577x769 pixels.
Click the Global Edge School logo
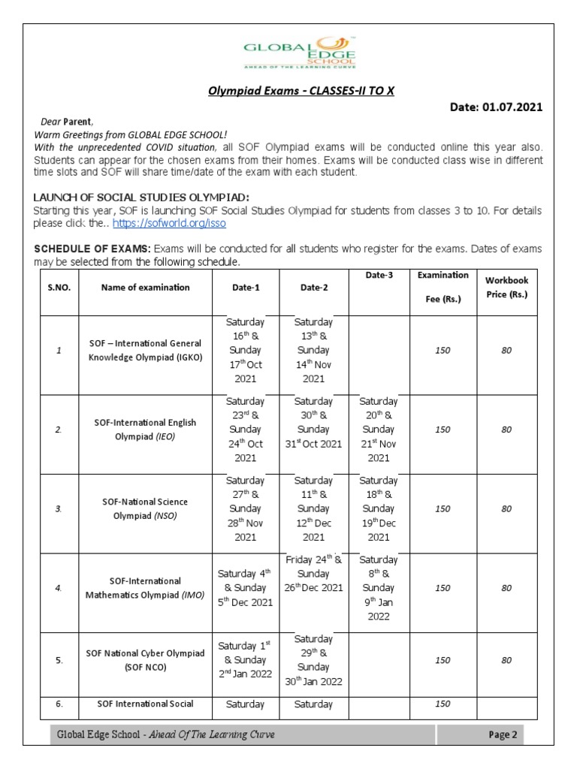click(x=300, y=55)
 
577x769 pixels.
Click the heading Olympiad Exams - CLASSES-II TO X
click(x=301, y=91)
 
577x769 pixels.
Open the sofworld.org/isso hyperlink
click(x=169, y=223)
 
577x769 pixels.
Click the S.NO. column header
click(x=59, y=287)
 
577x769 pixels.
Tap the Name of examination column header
click(x=145, y=287)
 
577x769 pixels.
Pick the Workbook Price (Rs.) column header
click(x=507, y=287)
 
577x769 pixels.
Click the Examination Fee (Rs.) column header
click(x=443, y=287)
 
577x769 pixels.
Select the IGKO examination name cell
click(x=145, y=351)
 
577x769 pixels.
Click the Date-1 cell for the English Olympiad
click(x=246, y=430)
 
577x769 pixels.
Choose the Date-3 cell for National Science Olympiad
click(x=379, y=508)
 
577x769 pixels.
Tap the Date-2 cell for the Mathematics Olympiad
click(x=313, y=573)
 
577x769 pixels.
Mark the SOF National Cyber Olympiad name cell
click(x=145, y=660)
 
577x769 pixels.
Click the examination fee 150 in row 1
click(x=443, y=351)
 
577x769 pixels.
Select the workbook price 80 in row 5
click(x=506, y=660)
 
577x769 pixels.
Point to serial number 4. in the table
click(x=59, y=588)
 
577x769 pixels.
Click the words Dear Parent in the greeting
click(x=65, y=122)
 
